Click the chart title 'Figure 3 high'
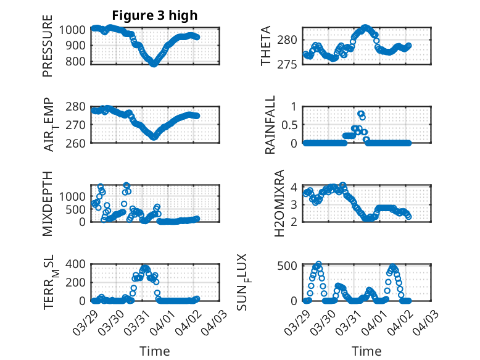[x=155, y=15]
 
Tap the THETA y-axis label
[x=266, y=46]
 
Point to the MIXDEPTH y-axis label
[x=48, y=204]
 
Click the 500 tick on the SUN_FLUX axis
[x=289, y=266]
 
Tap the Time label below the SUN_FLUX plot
[x=366, y=351]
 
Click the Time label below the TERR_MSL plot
[x=154, y=351]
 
